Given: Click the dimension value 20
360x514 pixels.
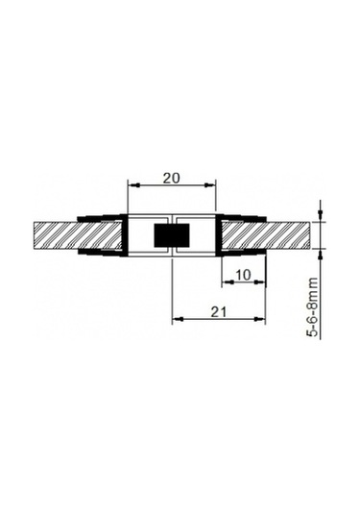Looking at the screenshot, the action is (x=172, y=179).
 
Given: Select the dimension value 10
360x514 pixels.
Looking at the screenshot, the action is (x=243, y=275).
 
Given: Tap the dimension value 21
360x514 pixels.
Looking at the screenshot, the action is (x=219, y=311).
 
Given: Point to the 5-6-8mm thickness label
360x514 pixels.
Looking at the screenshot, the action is (x=312, y=306).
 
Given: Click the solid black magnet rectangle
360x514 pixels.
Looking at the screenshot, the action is (x=172, y=235).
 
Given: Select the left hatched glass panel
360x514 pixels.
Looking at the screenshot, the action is (x=78, y=235).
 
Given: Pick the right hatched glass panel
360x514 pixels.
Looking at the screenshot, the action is (x=266, y=235).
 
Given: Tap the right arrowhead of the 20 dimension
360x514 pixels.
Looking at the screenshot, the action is (x=209, y=185).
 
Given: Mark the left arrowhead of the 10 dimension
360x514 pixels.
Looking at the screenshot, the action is (x=228, y=281).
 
